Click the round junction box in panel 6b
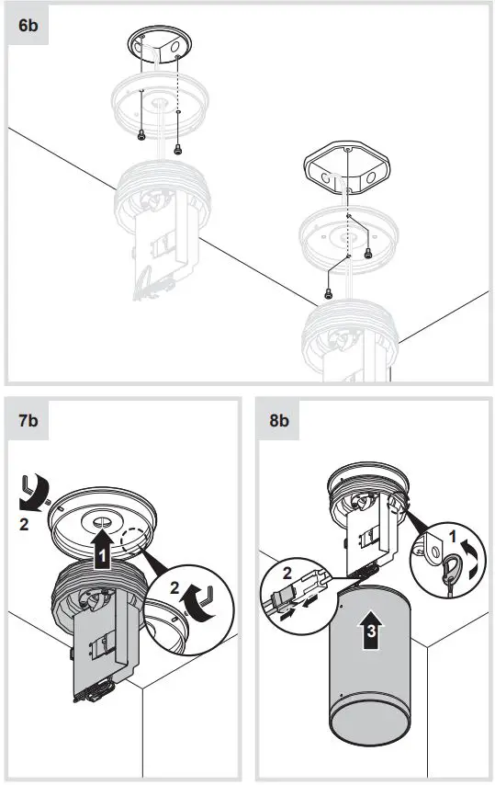tap(153, 47)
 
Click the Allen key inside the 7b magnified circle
tap(205, 598)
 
